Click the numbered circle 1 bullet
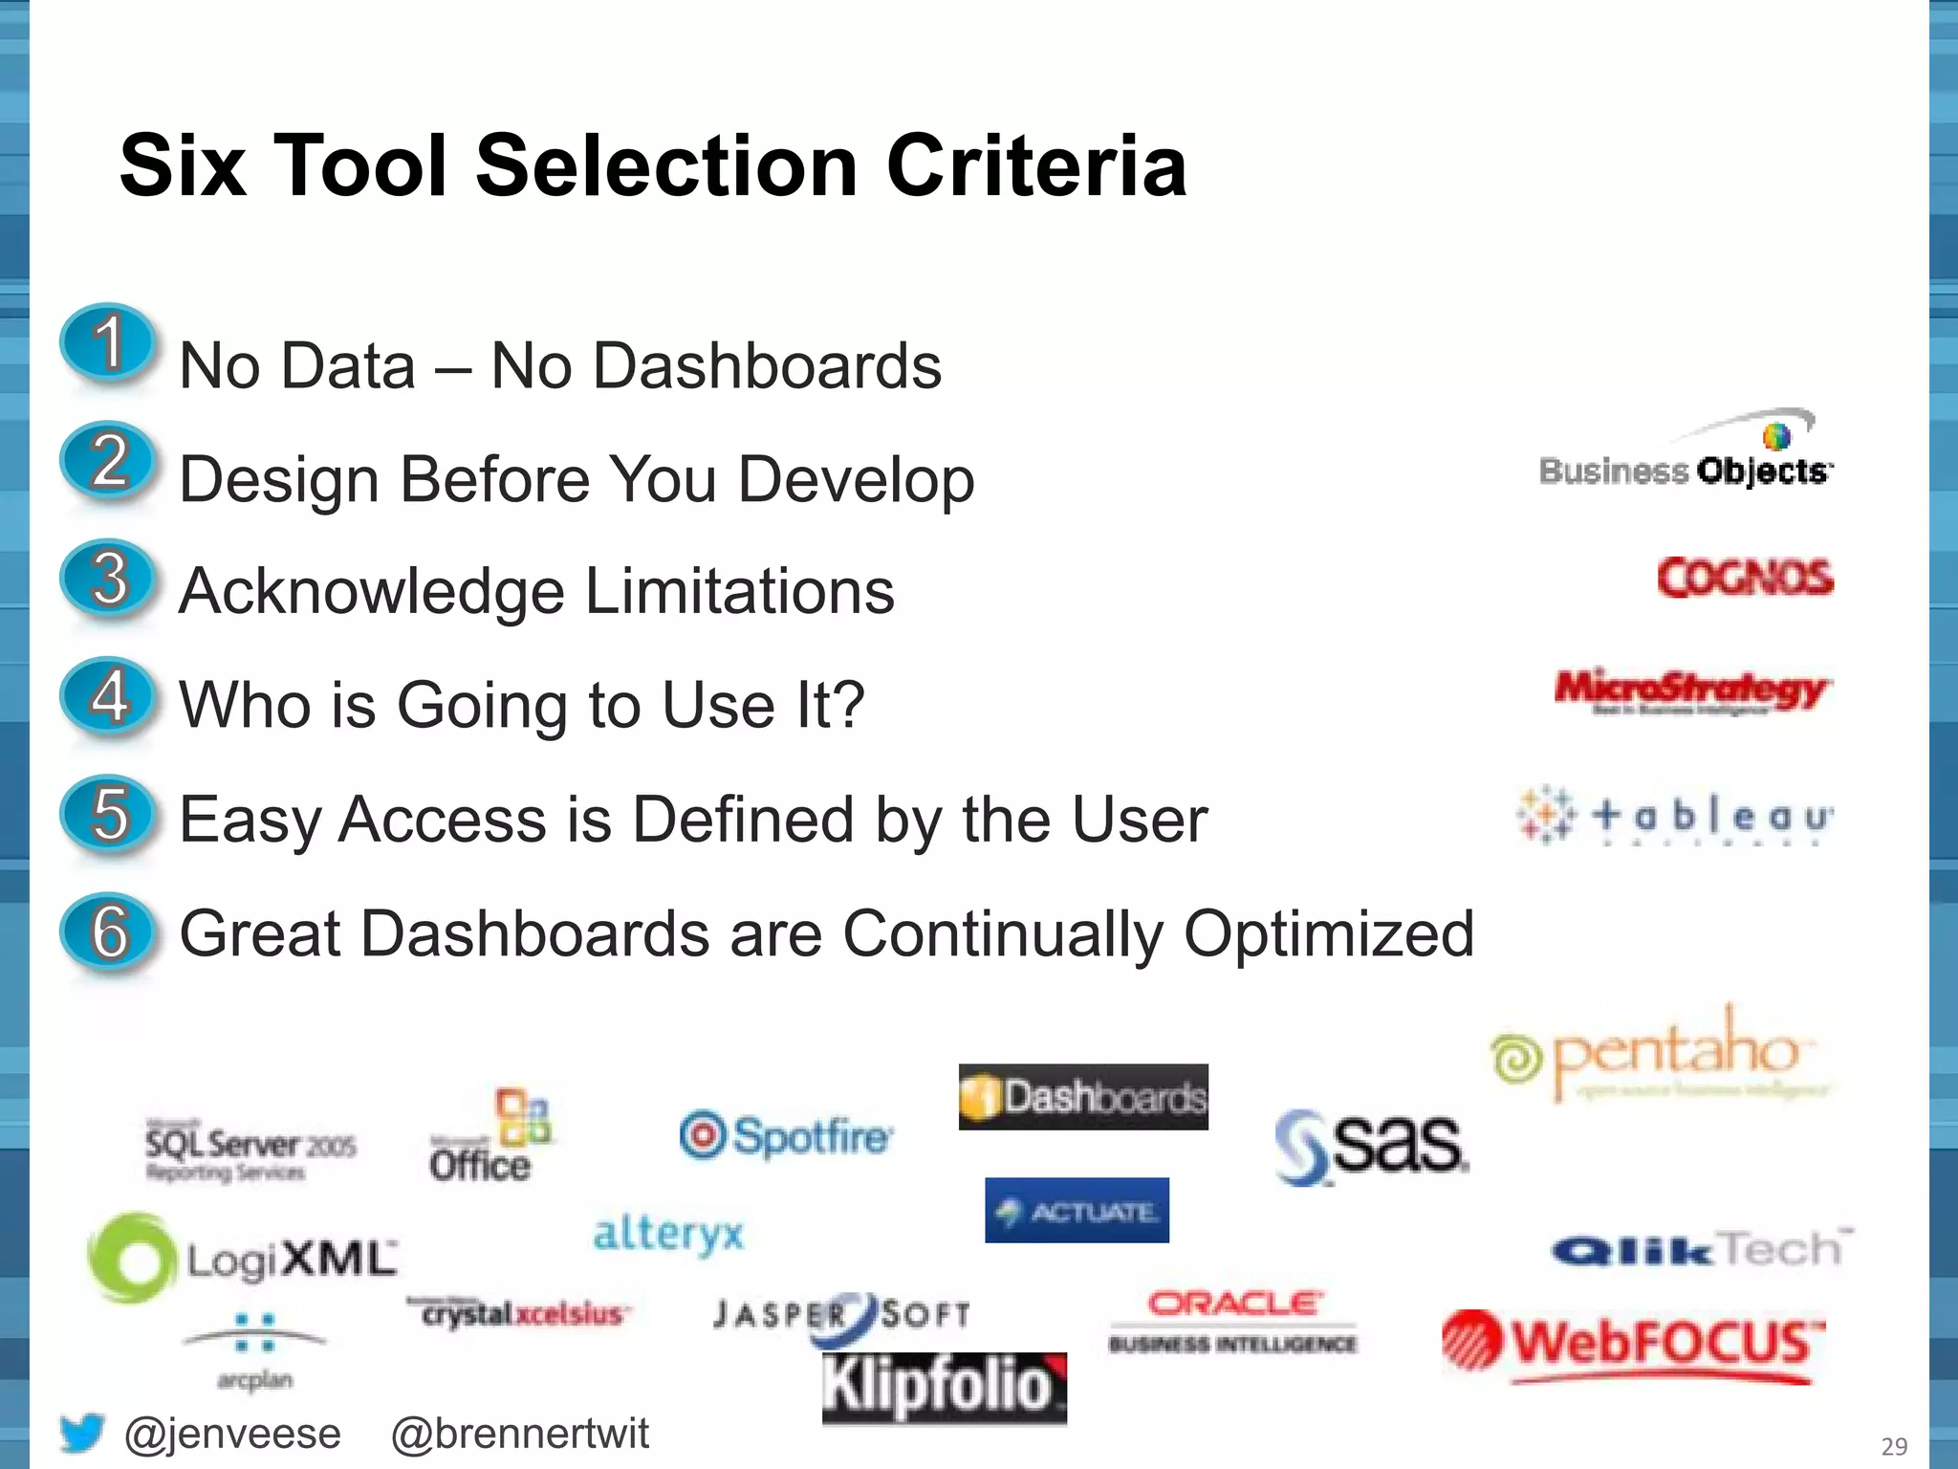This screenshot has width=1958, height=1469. click(108, 343)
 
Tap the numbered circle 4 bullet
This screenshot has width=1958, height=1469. click(108, 697)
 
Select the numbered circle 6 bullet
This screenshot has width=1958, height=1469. click(108, 932)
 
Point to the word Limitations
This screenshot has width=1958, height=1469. click(739, 591)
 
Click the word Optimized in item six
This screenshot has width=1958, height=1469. click(1329, 933)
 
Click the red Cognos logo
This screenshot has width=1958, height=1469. click(1745, 578)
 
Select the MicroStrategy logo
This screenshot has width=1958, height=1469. click(1690, 691)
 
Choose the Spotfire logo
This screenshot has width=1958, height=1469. click(786, 1136)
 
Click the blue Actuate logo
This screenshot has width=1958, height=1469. click(1077, 1211)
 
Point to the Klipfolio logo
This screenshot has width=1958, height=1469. click(944, 1387)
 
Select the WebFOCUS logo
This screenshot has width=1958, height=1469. click(1633, 1345)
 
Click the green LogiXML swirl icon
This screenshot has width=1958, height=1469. click(131, 1258)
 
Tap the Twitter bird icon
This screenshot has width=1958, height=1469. click(81, 1432)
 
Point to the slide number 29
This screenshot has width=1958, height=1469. click(1893, 1446)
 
